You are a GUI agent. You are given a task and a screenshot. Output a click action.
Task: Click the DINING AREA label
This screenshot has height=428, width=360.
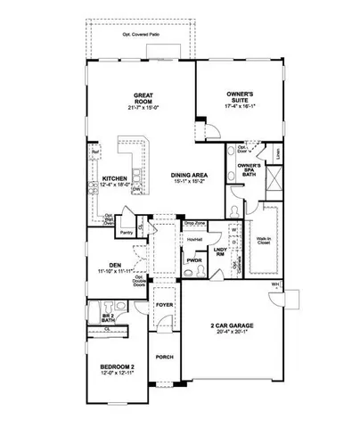click(x=189, y=175)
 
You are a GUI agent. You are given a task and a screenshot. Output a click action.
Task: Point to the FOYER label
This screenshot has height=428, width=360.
click(x=164, y=305)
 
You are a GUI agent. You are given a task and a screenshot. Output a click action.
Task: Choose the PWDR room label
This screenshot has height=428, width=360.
click(x=193, y=262)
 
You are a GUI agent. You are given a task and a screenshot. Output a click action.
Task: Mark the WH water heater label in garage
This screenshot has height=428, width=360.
click(x=274, y=284)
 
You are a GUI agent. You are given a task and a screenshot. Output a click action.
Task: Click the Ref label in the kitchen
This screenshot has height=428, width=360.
click(x=94, y=152)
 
